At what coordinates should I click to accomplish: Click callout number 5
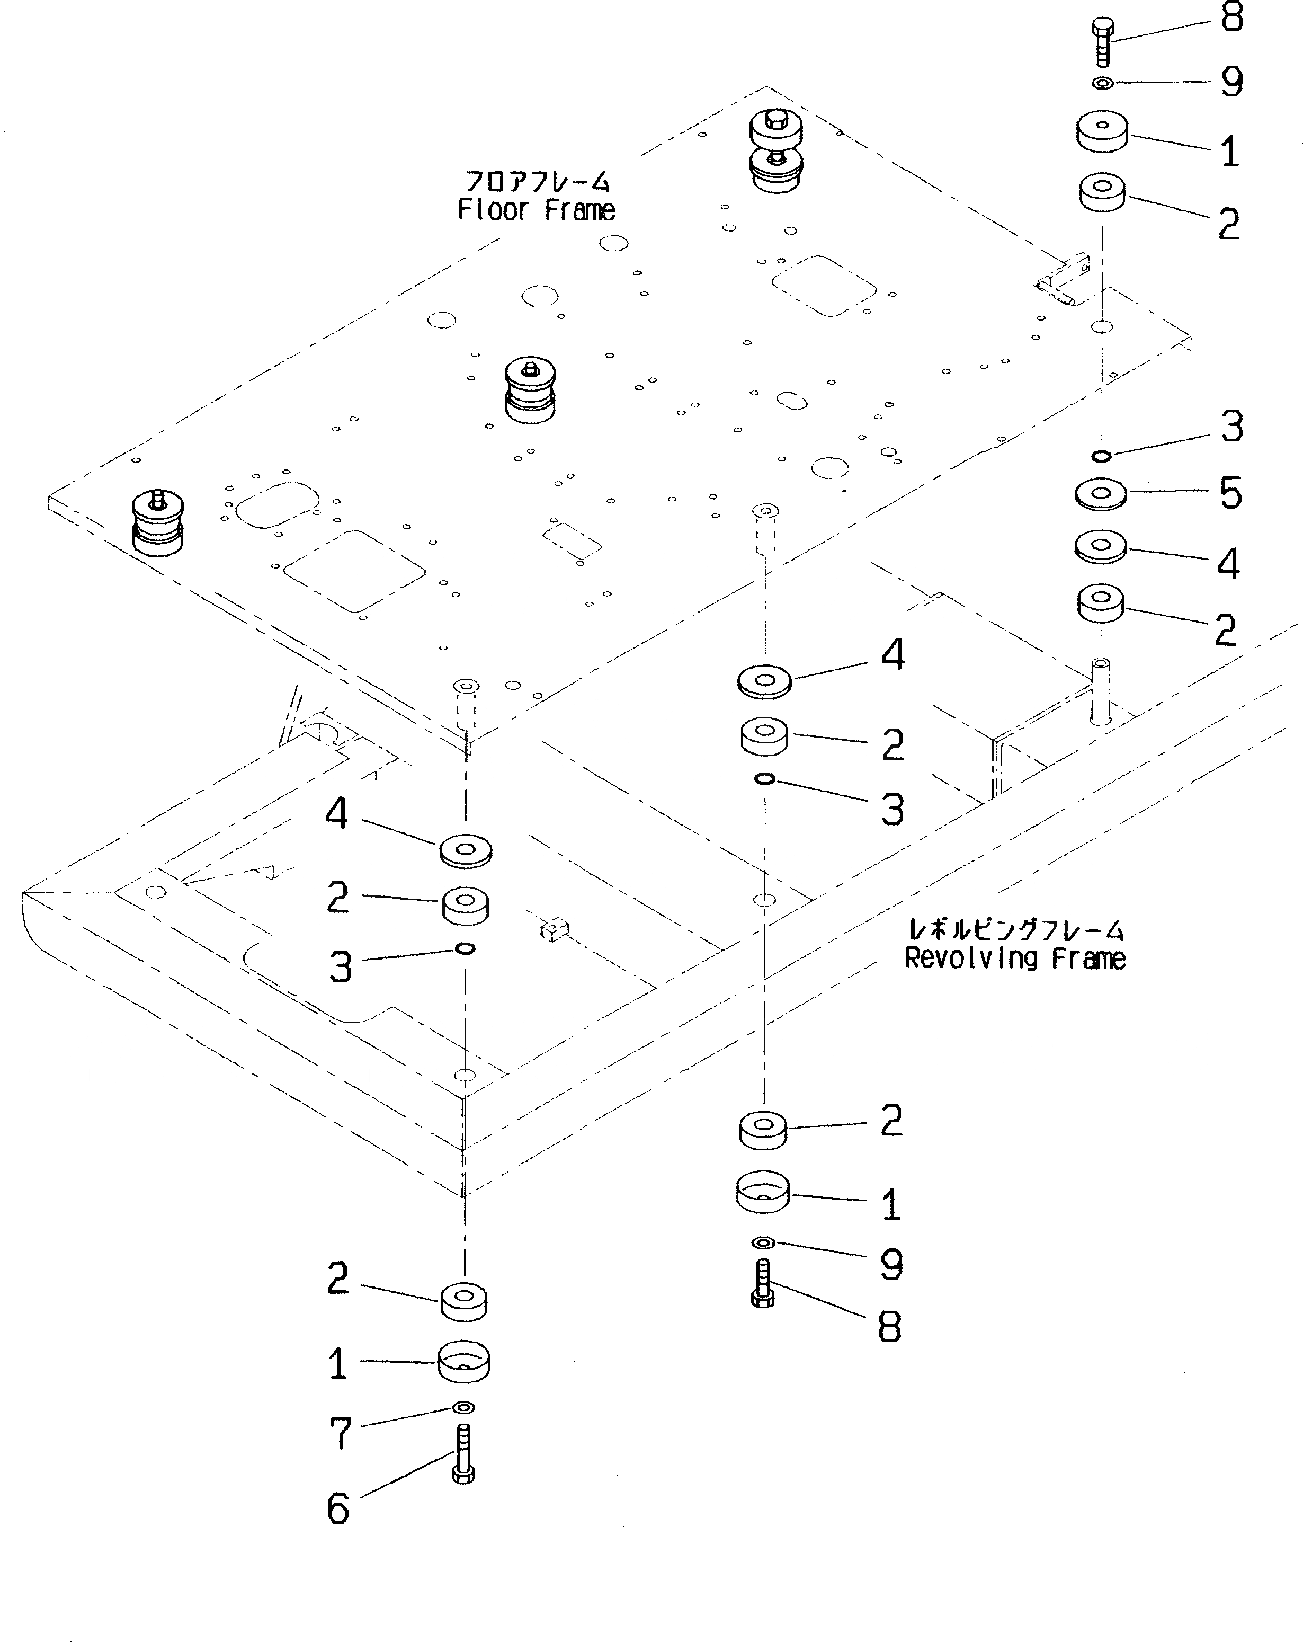[1230, 493]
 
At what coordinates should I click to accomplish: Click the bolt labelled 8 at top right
[1102, 42]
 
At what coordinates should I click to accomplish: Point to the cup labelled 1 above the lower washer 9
[762, 1191]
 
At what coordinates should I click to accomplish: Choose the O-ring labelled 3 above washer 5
[1101, 456]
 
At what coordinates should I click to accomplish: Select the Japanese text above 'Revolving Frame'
[1016, 930]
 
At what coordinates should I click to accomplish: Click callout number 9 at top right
[1231, 82]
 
